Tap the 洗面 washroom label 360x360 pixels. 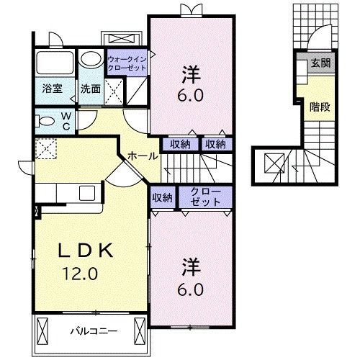tap(90, 90)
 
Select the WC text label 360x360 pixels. tap(66, 120)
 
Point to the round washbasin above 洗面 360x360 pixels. tap(91, 58)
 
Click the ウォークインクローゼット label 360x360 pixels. tap(127, 63)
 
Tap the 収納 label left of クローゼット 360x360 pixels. tap(162, 197)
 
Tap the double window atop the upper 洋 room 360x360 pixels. tap(191, 9)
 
